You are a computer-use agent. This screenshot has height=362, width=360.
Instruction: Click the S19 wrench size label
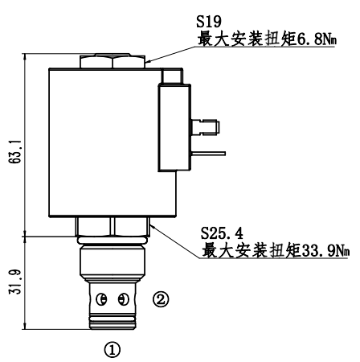[x=209, y=22]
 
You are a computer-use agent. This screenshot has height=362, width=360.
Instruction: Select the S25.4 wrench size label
[x=222, y=233]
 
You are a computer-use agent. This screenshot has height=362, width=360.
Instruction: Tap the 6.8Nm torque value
[x=316, y=39]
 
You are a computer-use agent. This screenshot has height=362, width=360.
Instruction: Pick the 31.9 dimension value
[x=15, y=282]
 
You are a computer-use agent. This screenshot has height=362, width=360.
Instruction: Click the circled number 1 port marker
[x=112, y=349]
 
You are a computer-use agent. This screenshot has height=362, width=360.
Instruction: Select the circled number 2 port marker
[x=161, y=299]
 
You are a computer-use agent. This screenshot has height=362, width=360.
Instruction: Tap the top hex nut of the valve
[x=112, y=61]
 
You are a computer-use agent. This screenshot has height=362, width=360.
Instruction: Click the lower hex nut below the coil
[x=112, y=226]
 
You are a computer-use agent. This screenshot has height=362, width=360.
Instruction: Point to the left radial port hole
[x=102, y=299]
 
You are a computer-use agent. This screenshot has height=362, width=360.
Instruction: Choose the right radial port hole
[x=123, y=299]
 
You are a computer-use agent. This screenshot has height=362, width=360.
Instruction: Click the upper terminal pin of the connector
[x=205, y=127]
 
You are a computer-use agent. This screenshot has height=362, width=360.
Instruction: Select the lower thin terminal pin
[x=208, y=154]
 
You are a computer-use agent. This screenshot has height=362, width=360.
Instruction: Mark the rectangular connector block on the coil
[x=174, y=127]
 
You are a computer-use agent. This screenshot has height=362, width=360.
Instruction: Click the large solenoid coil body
[x=112, y=142]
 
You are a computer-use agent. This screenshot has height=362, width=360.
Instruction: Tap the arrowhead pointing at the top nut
[x=149, y=61]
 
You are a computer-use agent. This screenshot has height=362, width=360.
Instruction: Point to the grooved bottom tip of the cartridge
[x=112, y=322]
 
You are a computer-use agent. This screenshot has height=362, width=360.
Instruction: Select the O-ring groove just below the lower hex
[x=112, y=241]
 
